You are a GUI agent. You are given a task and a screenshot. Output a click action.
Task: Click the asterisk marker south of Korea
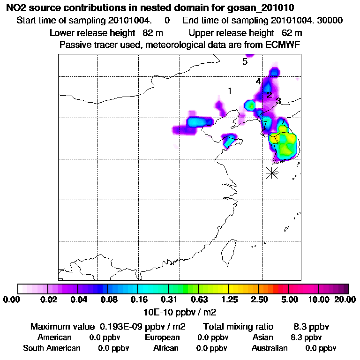(x=272, y=172)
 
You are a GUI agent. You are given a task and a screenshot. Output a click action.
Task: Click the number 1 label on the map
(x=230, y=91)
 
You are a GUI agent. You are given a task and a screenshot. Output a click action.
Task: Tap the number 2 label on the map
(x=269, y=95)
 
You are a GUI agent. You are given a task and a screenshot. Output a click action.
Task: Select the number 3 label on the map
(x=278, y=101)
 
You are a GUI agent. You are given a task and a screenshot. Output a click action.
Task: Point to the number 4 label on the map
(x=258, y=82)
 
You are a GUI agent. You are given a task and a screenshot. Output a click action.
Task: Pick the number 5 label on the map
(x=245, y=62)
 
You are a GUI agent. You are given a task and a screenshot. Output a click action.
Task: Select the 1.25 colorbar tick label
(x=229, y=300)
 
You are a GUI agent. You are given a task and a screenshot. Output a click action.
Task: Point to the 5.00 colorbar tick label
(x=289, y=300)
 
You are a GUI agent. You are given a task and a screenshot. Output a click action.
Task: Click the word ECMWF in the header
(x=280, y=45)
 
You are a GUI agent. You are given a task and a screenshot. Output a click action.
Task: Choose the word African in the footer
(x=166, y=348)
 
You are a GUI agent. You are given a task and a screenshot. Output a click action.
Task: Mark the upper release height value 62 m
(x=292, y=33)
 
